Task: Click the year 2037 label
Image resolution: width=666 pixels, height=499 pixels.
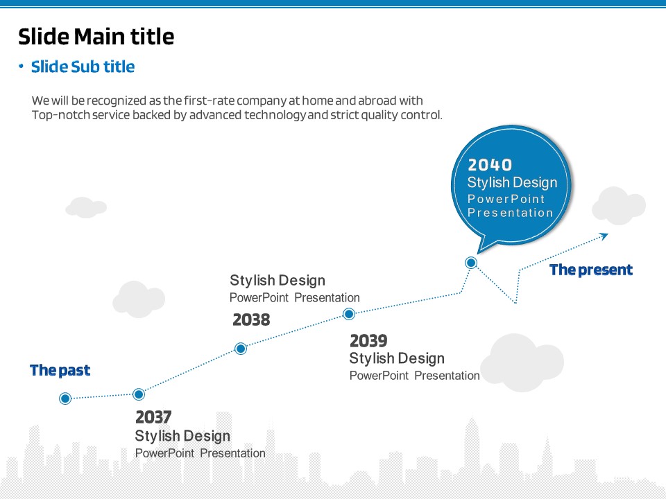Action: coord(153,417)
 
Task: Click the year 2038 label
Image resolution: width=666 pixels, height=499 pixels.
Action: coord(251,319)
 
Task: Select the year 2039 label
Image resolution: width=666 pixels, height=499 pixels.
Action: coord(368,341)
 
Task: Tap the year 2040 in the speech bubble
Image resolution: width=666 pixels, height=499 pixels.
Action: coord(490,165)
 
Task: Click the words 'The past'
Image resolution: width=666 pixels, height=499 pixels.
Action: coord(60,370)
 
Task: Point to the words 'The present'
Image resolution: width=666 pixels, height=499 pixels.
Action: coord(591,270)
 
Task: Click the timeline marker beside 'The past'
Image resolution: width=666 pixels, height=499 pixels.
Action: coord(65,399)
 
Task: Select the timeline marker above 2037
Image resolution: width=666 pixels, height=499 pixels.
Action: coord(139,394)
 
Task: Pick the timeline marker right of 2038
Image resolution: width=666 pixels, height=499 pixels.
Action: coord(241,349)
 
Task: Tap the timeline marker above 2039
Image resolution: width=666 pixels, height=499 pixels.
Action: coord(349,314)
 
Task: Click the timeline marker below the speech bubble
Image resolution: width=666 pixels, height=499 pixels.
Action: coord(470,263)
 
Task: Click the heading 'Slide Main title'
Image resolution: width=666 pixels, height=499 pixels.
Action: coord(96,37)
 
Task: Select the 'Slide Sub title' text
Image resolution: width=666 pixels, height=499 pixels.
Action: coord(83,67)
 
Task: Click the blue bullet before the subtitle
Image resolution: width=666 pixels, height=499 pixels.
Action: coord(21,66)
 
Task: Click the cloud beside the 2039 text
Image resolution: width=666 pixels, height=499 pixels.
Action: coord(522,362)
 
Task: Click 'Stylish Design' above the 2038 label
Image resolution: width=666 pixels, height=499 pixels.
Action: coord(277,281)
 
